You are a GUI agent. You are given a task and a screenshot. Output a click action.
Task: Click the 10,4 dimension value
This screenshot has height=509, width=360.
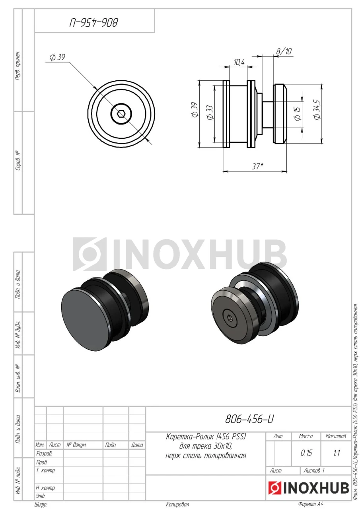pos(239,62)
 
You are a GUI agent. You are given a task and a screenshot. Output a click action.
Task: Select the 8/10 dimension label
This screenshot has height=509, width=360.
pos(284,51)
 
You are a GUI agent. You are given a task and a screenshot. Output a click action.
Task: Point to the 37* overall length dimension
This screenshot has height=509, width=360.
pos(257,166)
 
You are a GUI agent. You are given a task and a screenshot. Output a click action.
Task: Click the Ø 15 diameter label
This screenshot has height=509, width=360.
pos(297,114)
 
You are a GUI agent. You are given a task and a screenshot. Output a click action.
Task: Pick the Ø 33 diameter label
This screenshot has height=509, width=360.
pos(210,113)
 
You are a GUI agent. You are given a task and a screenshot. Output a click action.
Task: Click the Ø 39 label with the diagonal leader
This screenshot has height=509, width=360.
pos(58,57)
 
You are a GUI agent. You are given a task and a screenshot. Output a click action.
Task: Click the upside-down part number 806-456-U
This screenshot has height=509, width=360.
pos(94,23)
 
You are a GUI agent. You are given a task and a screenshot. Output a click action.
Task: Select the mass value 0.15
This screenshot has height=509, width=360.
pos(306,453)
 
